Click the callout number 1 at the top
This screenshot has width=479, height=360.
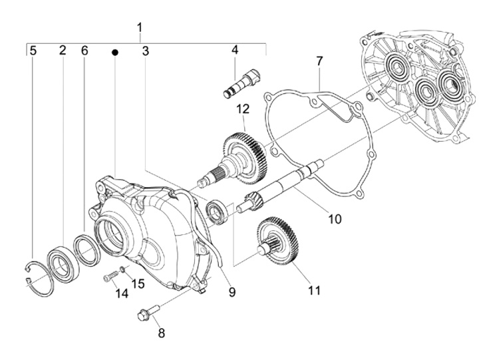coord(140,28)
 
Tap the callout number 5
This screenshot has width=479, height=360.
coord(33,51)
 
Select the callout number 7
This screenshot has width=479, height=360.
coord(319,62)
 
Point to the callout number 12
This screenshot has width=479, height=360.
coord(242,108)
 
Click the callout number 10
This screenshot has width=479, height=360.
coord(335,218)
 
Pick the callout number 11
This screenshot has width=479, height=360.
coord(314,290)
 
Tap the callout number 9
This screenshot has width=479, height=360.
coord(232,291)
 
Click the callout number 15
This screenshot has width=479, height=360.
coord(137,283)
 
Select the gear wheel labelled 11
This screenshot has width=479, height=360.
coord(278,241)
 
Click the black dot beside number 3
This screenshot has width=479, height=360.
coord(115,51)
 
